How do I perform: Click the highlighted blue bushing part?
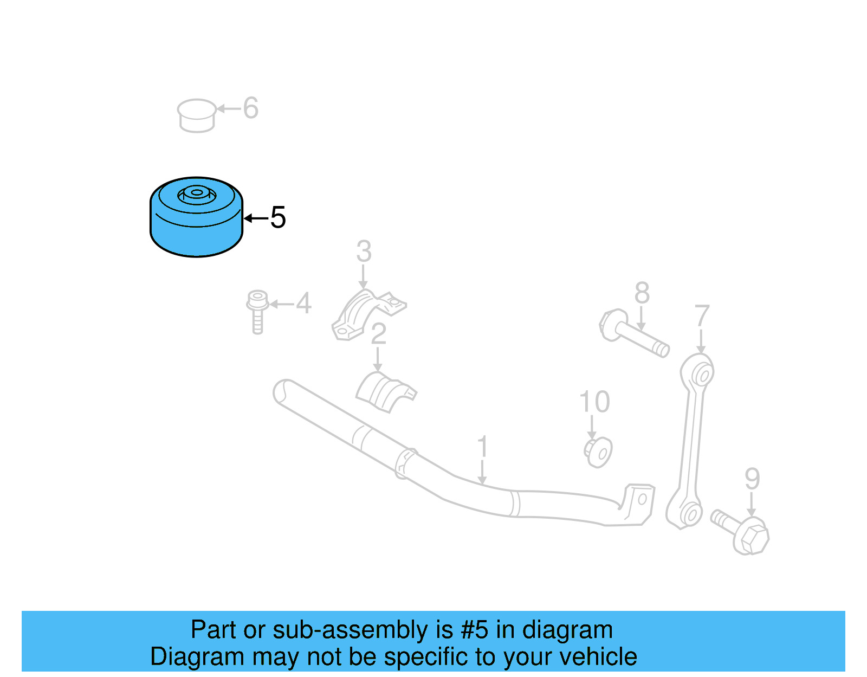click(x=196, y=222)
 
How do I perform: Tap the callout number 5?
click(x=277, y=218)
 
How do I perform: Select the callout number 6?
click(x=250, y=108)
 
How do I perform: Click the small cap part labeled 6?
click(x=196, y=115)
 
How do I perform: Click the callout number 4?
click(x=303, y=304)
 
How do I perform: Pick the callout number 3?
click(x=364, y=252)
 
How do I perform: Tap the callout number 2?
click(x=378, y=334)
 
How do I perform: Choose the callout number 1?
click(x=482, y=448)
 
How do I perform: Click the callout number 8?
click(x=642, y=294)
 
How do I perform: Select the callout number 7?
click(x=702, y=316)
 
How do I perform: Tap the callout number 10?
click(x=594, y=402)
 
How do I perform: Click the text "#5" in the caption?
click(x=474, y=630)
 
